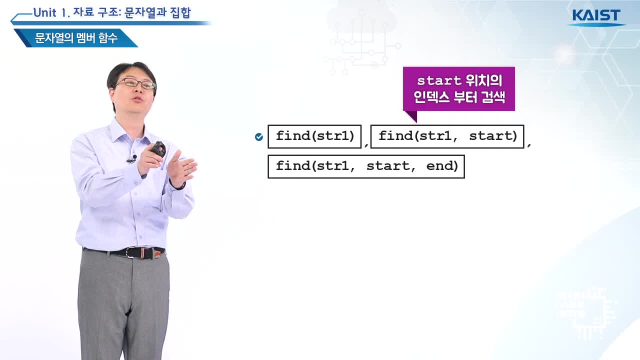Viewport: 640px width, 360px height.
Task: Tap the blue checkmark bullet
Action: coord(259,137)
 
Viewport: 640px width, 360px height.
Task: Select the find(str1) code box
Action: coord(314,136)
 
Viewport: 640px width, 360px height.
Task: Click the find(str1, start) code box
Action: coord(447,136)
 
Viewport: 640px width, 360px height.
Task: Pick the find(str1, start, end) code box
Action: coord(366,166)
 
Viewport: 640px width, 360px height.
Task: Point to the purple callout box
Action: coord(459,89)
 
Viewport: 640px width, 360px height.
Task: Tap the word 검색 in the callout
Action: coord(493,97)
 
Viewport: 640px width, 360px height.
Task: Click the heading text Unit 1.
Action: coord(51,13)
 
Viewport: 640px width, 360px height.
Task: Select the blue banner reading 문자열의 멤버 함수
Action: coord(76,38)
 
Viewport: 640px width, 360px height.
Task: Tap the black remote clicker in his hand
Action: coord(158,149)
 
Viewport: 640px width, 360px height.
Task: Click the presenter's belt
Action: coord(124,253)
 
